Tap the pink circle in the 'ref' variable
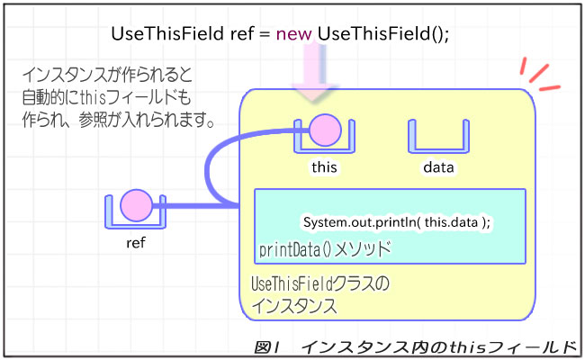(x=137, y=205)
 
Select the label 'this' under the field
(x=324, y=166)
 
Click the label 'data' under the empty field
(x=438, y=166)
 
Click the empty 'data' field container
(x=438, y=137)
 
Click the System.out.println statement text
(x=396, y=221)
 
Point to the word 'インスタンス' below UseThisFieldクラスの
(x=294, y=305)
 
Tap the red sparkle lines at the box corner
(x=537, y=77)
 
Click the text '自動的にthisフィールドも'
(x=108, y=96)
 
